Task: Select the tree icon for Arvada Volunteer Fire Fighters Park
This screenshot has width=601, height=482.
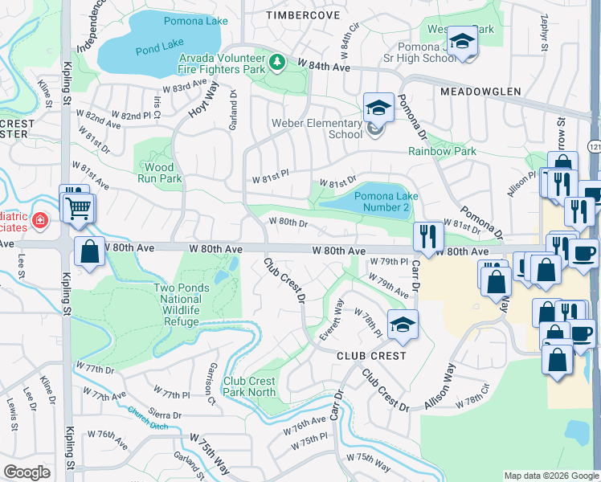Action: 276,62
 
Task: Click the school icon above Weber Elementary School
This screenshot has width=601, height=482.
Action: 378,107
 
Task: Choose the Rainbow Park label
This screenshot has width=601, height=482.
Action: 442,151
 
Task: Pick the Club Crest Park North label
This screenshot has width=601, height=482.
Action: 249,387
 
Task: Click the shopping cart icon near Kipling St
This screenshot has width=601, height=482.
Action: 79,209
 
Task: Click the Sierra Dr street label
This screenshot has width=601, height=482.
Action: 166,415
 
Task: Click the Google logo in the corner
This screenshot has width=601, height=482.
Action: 27,472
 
